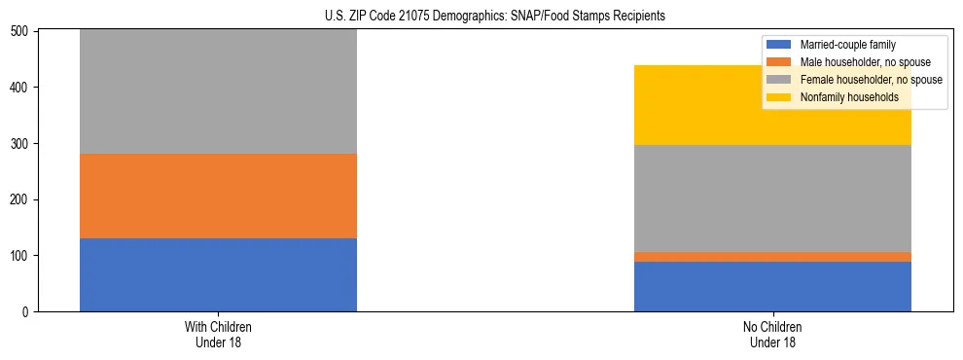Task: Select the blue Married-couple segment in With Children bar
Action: (x=218, y=274)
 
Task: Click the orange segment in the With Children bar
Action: (x=218, y=196)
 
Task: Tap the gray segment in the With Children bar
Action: (x=218, y=92)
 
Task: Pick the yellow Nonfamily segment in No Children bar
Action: (x=772, y=105)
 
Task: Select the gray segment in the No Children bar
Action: (x=772, y=198)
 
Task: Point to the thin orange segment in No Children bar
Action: (x=772, y=257)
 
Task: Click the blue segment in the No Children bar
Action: (x=772, y=286)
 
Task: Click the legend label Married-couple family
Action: (x=847, y=45)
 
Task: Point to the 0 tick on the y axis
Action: (x=28, y=312)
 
